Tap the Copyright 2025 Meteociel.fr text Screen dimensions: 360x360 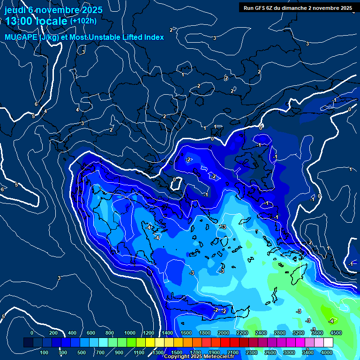point(200,357)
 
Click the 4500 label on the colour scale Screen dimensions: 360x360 point(336,333)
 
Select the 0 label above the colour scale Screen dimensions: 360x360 point(32,333)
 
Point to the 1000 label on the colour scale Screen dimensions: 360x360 point(130,333)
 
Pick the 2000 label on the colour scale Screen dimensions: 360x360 point(224,333)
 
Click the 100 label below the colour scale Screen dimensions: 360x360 point(45,352)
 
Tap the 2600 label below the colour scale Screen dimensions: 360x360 point(270,352)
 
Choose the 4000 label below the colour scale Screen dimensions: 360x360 point(327,352)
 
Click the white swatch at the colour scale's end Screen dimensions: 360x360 point(341,343)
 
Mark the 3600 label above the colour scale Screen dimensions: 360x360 point(317,333)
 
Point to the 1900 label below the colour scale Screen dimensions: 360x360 point(214,352)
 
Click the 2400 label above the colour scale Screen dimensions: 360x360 point(261,333)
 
